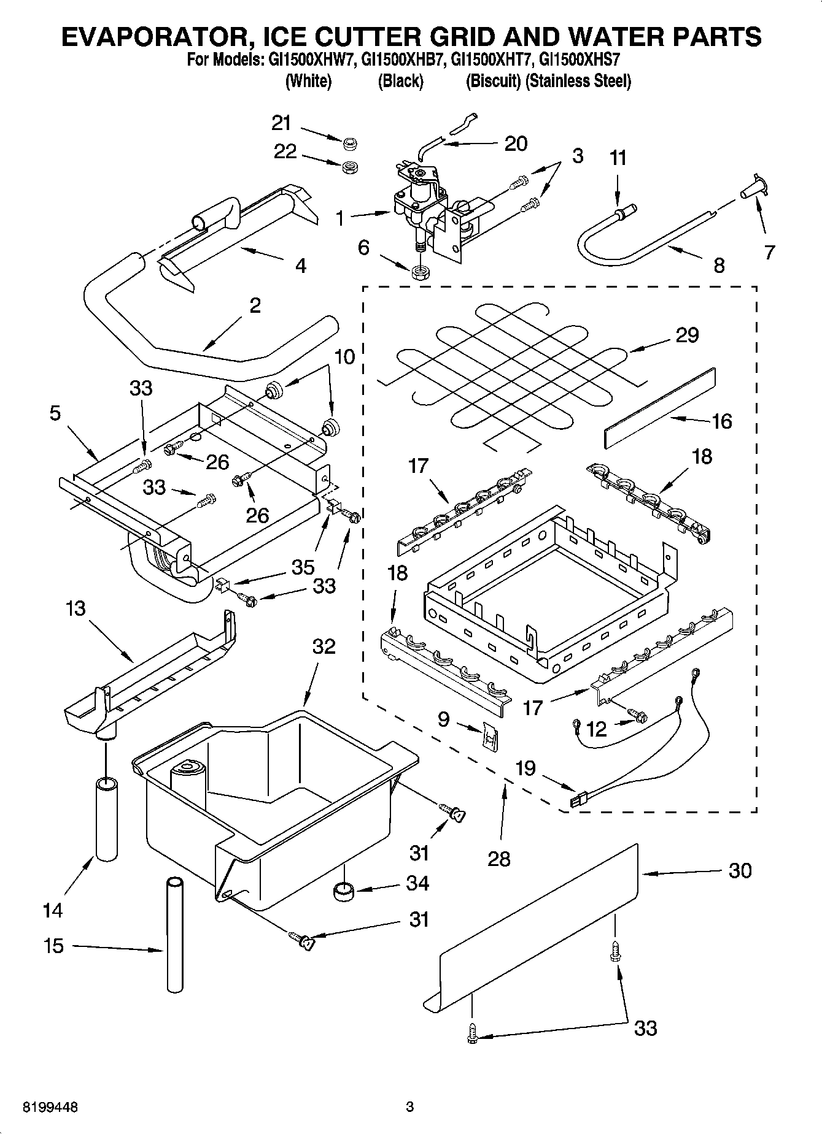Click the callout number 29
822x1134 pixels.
[687, 335]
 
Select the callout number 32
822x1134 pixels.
[324, 646]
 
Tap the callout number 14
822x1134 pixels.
[53, 910]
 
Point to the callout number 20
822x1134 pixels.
[515, 143]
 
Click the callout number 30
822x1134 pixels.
[740, 870]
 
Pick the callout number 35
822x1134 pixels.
[303, 567]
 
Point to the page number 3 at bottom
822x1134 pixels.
[410, 1108]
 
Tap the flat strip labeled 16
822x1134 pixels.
[660, 408]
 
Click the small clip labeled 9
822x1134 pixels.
[490, 734]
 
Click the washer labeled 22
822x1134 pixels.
[350, 166]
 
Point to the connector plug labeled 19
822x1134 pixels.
[578, 800]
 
